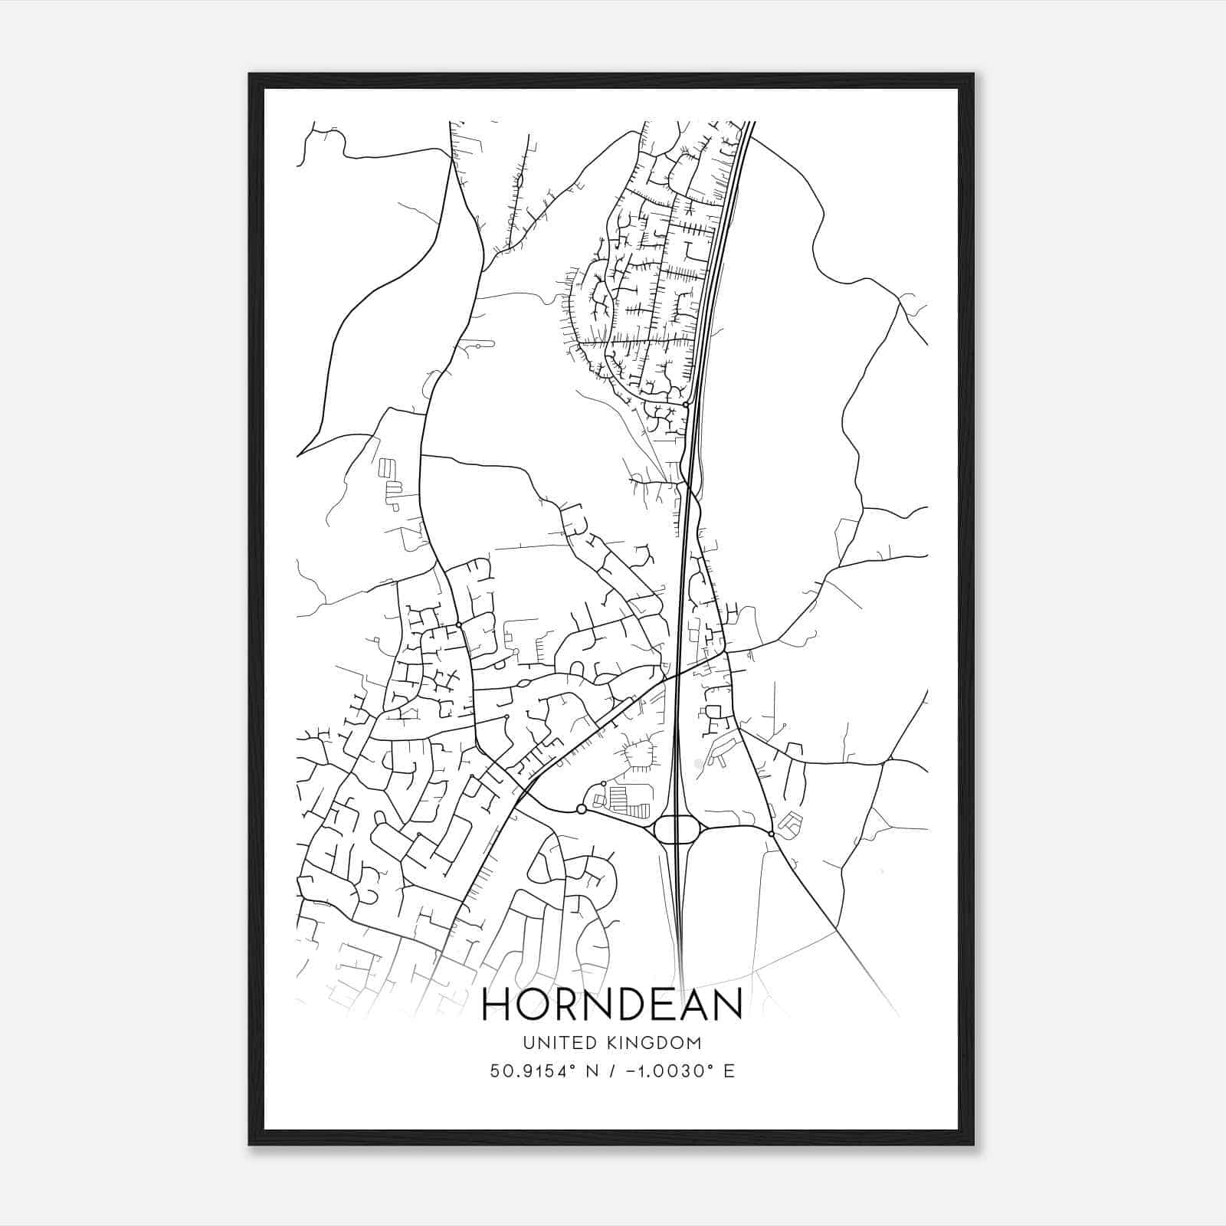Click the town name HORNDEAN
611,1005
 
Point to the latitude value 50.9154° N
545,1070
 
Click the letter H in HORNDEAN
498,1005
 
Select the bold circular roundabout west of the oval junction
581,809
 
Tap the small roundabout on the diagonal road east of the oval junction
771,834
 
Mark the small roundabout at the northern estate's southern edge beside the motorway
685,404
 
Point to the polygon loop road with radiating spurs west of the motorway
640,756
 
